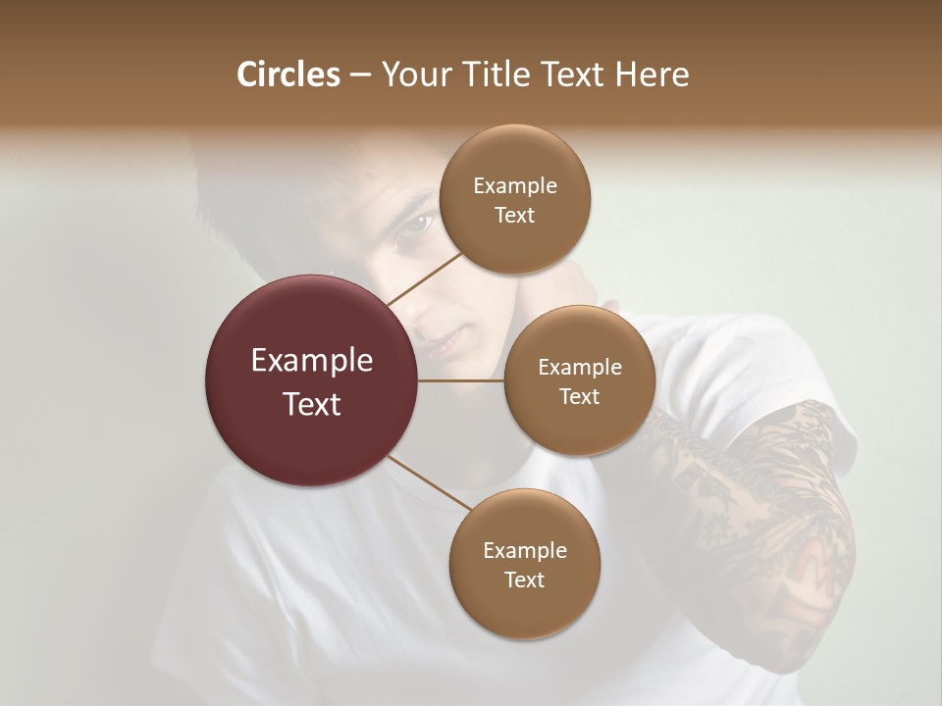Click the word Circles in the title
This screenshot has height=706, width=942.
(x=288, y=75)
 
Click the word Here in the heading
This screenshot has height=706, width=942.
(x=653, y=75)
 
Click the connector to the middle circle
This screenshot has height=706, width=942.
(x=461, y=380)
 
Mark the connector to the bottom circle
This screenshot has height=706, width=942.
(x=430, y=483)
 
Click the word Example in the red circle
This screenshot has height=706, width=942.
(x=312, y=361)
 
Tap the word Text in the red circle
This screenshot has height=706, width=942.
(x=312, y=404)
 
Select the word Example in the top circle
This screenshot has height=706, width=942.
(x=514, y=186)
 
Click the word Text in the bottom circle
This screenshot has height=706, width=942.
(x=524, y=580)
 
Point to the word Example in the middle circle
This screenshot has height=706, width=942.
(x=579, y=368)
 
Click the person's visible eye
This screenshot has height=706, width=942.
(x=415, y=225)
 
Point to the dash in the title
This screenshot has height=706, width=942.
(x=360, y=76)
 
